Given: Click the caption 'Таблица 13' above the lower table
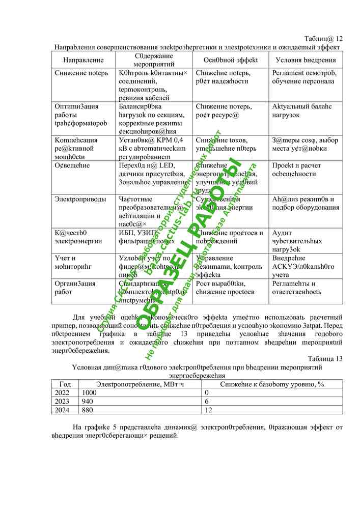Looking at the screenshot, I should pyautogui.click(x=325, y=358).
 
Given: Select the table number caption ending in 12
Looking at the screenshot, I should pyautogui.click(x=323, y=39).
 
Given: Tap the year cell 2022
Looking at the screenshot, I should pyautogui.click(x=62, y=393).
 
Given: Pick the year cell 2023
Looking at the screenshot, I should pyautogui.click(x=62, y=401).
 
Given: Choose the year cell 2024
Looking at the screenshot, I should pyautogui.click(x=62, y=409).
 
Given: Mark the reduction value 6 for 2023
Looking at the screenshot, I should pyautogui.click(x=206, y=401).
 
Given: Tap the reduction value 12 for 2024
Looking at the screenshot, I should pyautogui.click(x=208, y=409).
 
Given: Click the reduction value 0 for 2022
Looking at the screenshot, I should pyautogui.click(x=206, y=393).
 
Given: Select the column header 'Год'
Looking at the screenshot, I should pyautogui.click(x=65, y=384).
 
